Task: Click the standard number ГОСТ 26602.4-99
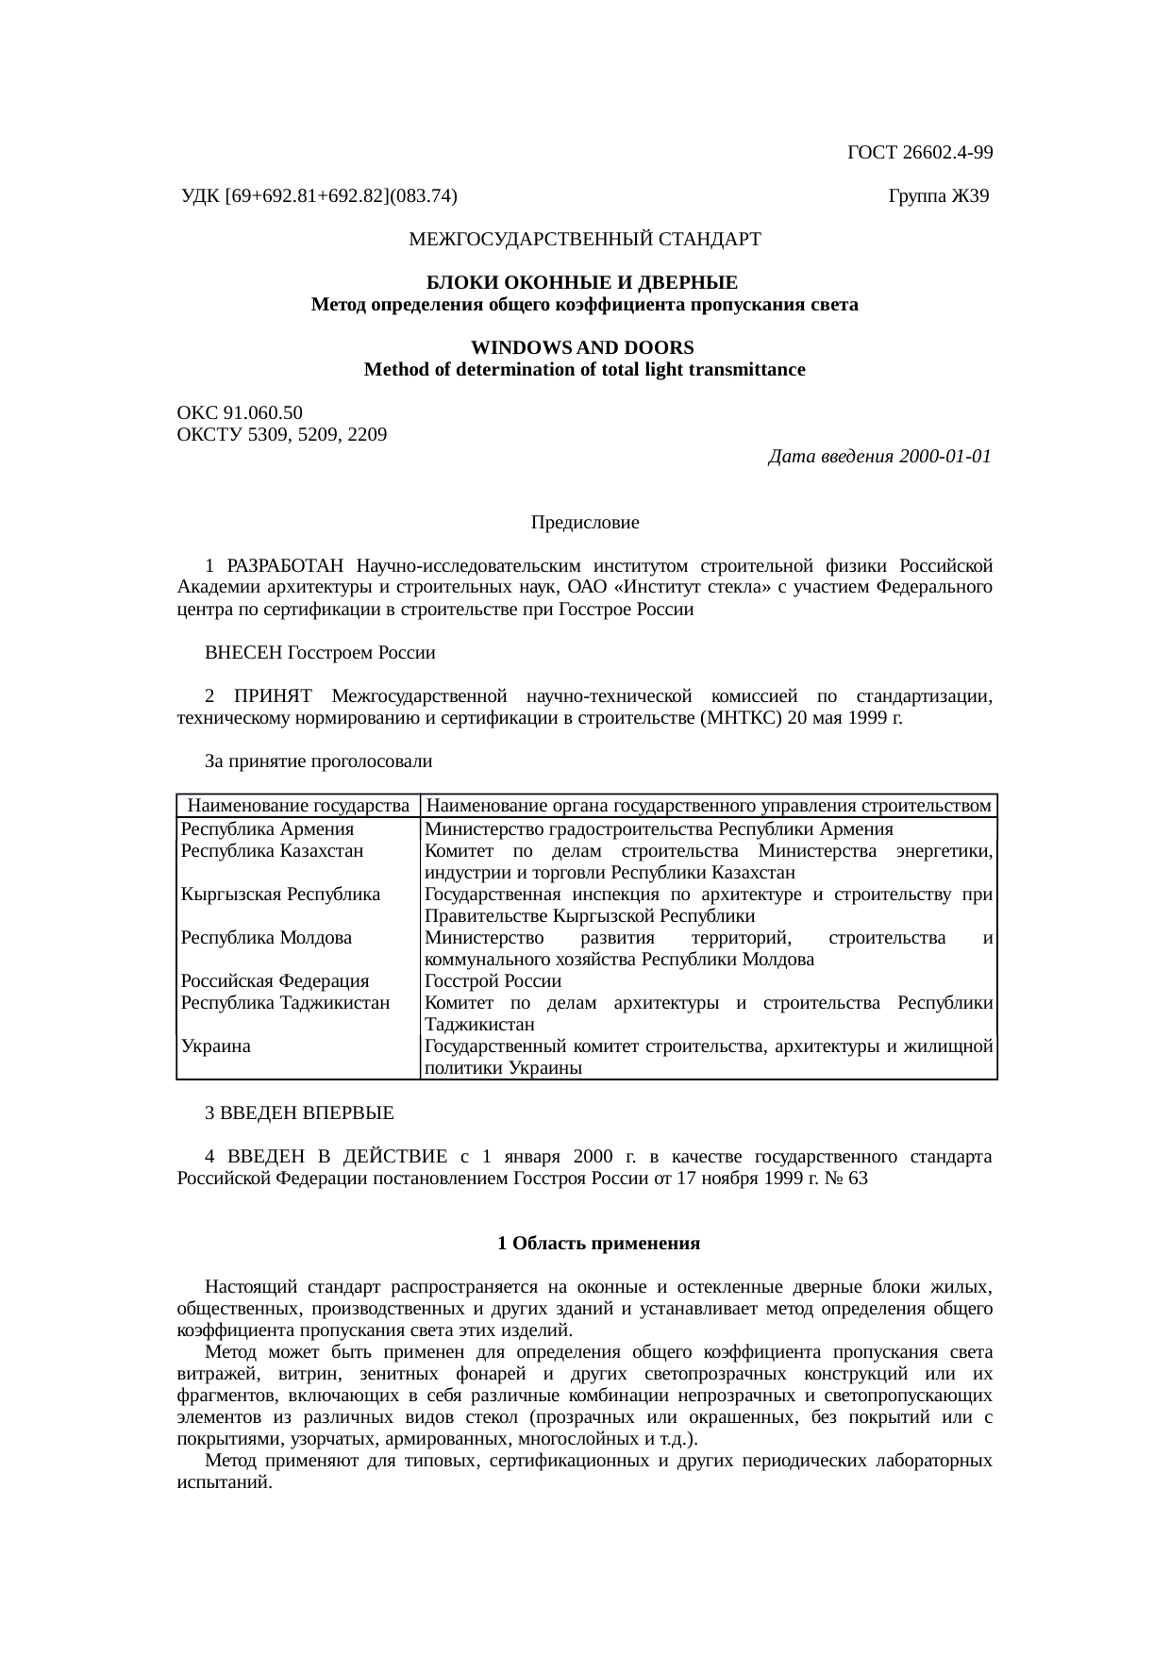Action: tap(919, 152)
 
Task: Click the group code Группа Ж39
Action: tap(938, 196)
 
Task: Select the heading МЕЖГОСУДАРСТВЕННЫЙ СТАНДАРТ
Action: tap(584, 240)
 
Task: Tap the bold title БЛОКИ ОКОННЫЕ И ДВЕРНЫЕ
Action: tap(584, 283)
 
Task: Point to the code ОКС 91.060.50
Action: tap(240, 413)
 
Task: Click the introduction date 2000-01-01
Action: tap(944, 457)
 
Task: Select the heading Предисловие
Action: tap(584, 522)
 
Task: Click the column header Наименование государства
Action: tap(298, 806)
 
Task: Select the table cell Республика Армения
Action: tap(267, 829)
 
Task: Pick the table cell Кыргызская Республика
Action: tap(280, 895)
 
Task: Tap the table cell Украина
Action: tap(216, 1046)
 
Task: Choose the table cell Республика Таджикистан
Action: tap(285, 1003)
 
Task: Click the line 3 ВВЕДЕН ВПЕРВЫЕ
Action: tap(299, 1112)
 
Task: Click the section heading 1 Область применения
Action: tap(598, 1244)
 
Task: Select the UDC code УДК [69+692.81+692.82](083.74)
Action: tap(319, 196)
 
